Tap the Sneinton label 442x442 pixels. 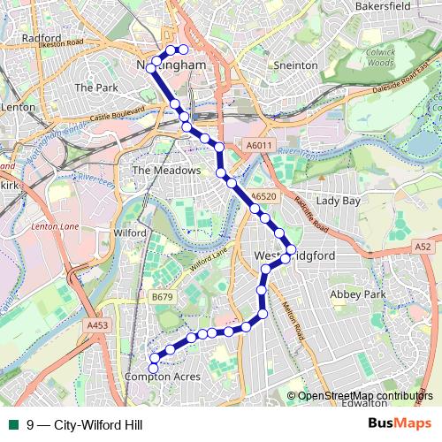coord(294,65)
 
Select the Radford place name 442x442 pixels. coord(42,39)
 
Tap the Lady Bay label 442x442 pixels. coord(339,201)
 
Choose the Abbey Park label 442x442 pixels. coord(358,293)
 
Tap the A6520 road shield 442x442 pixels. coord(263,197)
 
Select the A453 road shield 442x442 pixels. coord(97,326)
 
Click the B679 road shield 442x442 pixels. coord(162,297)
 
